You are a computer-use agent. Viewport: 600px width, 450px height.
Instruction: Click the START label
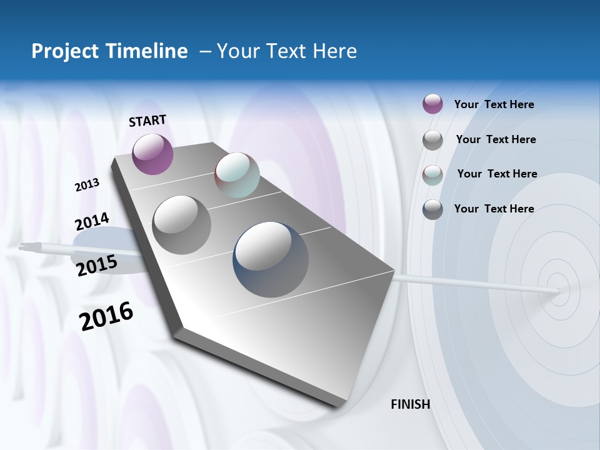(x=147, y=121)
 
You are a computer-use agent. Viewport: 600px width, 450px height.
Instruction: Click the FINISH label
(x=410, y=404)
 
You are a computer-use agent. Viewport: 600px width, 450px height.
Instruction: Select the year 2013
(x=87, y=184)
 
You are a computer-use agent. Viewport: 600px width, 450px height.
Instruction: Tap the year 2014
(x=92, y=221)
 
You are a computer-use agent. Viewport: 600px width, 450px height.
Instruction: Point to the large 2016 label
(x=106, y=316)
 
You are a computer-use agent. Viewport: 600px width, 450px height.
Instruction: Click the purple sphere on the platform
(x=152, y=154)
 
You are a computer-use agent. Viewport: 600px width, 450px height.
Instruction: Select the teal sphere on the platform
(x=237, y=174)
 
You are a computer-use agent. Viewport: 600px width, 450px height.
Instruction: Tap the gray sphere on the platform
(x=181, y=224)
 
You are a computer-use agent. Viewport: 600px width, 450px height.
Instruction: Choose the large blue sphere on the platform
(x=270, y=259)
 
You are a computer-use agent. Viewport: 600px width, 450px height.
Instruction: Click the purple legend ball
(x=432, y=104)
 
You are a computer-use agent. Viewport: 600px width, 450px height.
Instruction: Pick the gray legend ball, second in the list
(x=432, y=140)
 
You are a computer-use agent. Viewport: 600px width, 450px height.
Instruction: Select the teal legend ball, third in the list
(x=432, y=175)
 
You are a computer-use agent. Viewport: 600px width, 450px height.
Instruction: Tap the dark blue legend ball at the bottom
(x=432, y=209)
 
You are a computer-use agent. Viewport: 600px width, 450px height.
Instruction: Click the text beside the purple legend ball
(x=494, y=104)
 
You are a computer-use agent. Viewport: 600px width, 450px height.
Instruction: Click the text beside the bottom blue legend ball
(x=494, y=209)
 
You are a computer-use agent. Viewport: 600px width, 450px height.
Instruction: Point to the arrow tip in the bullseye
(x=559, y=291)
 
